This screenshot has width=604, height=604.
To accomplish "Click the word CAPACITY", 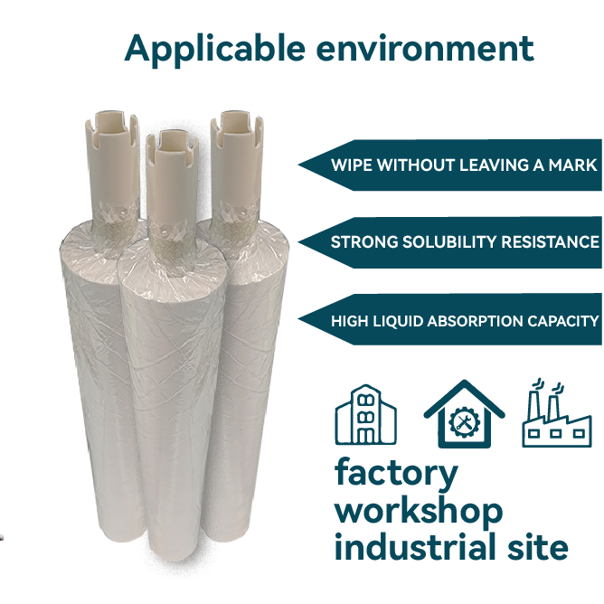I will point(565,321).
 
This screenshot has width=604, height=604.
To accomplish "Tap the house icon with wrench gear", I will point(464,415).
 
